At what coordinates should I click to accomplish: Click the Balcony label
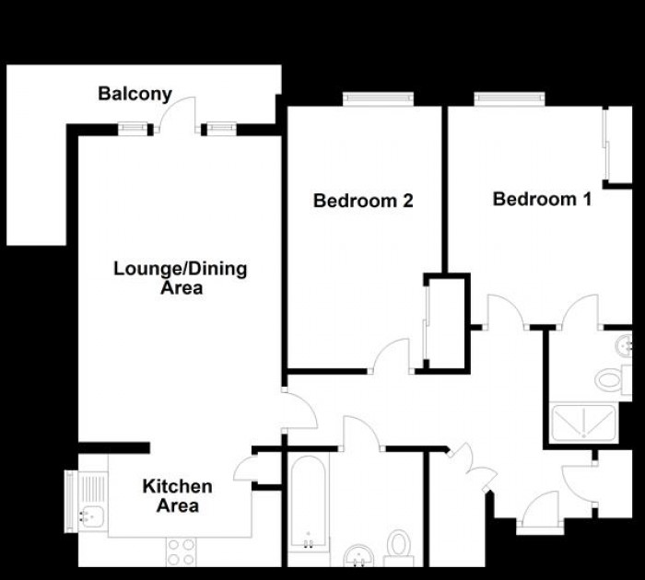[x=135, y=93]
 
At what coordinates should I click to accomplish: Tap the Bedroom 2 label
[x=362, y=200]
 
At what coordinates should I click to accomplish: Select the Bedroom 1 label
[x=542, y=199]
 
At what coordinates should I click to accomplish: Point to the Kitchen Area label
[x=177, y=495]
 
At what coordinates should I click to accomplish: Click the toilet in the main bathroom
[x=399, y=543]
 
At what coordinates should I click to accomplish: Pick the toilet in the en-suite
[x=611, y=377]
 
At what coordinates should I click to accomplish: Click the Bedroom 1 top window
[x=505, y=99]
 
